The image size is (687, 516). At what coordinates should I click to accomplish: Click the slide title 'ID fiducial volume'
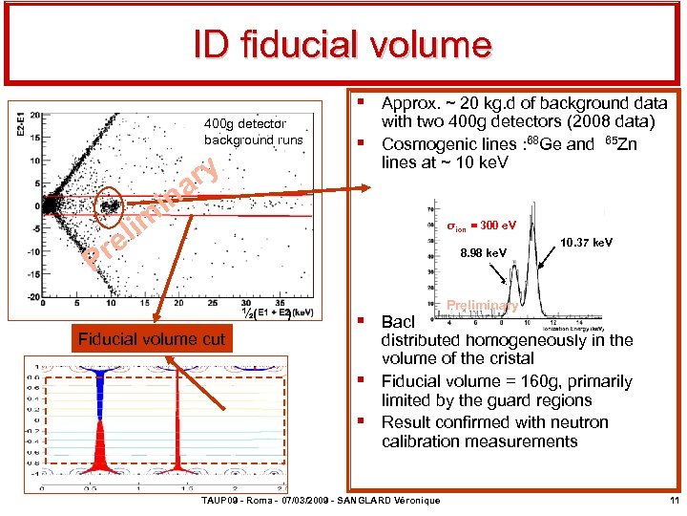(343, 44)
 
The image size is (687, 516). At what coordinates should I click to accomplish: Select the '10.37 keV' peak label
(588, 244)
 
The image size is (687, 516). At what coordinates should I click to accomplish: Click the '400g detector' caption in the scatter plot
(244, 123)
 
